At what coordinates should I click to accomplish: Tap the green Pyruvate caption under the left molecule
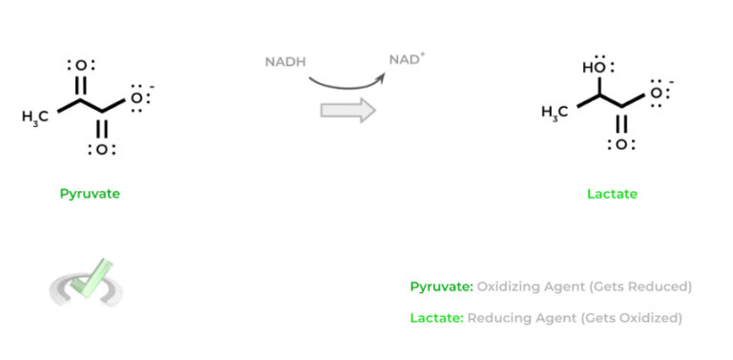(90, 194)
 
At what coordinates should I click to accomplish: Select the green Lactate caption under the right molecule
(612, 194)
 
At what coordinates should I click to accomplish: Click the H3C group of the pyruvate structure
(37, 116)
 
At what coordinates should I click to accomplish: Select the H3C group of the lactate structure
(555, 114)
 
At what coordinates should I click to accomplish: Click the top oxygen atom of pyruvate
(80, 66)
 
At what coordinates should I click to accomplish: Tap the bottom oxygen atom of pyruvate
(100, 149)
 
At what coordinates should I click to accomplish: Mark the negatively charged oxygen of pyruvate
(138, 97)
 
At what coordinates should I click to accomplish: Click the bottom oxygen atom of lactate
(621, 145)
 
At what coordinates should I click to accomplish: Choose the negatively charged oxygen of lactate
(659, 94)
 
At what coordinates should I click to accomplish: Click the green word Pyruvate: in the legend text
(441, 286)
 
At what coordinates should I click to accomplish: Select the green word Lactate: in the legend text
(436, 317)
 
